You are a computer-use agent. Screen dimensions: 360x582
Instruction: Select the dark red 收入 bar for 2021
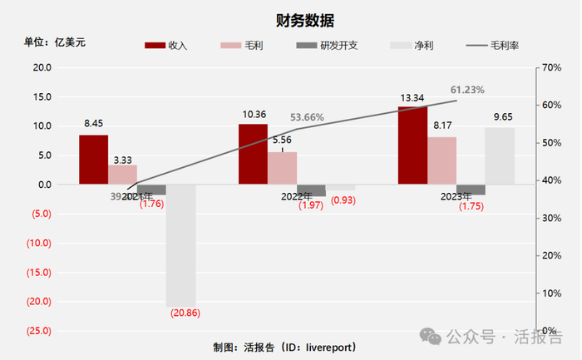pos(94,159)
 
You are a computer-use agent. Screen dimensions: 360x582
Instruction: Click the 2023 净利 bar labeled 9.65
pos(500,155)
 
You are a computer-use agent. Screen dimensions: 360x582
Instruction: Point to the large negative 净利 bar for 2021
pos(180,245)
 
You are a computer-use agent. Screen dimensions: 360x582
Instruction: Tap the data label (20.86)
pos(185,313)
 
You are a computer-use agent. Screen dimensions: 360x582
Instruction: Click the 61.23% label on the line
pos(467,89)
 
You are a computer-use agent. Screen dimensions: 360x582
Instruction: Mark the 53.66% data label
pos(308,117)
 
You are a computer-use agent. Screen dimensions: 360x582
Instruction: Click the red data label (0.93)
pos(343,200)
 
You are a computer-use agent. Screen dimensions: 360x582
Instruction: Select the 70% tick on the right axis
pos(553,67)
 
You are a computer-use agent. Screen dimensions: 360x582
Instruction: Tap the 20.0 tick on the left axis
pos(41,67)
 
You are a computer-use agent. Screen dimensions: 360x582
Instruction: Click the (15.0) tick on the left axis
pos(41,272)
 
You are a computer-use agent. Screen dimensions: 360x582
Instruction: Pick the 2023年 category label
pos(456,197)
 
